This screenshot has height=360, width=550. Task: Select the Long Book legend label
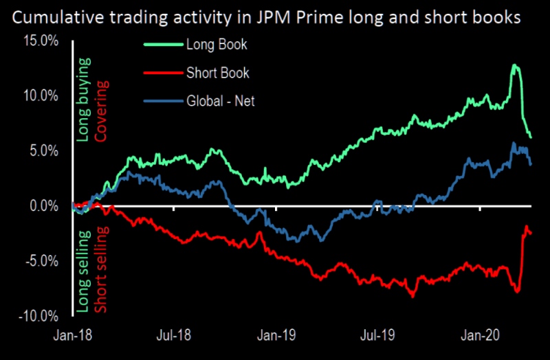217,45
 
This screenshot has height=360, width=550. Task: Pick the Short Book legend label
217,73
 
